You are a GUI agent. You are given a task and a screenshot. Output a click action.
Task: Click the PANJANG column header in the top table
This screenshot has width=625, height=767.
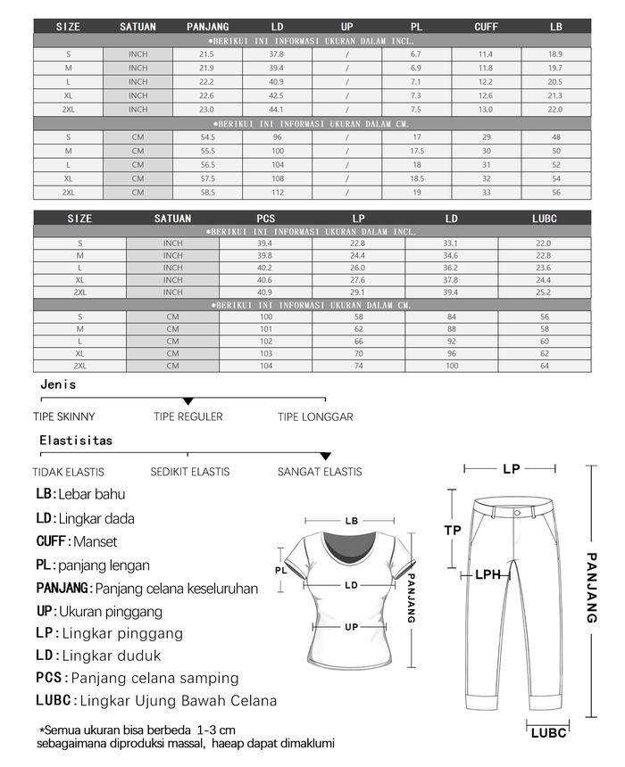tap(207, 27)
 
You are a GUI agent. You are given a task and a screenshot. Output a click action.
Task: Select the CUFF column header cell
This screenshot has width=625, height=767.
tap(486, 27)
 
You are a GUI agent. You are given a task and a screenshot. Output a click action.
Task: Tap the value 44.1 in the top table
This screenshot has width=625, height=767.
tap(277, 109)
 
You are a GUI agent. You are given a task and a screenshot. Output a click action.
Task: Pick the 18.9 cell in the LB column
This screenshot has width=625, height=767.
tap(554, 54)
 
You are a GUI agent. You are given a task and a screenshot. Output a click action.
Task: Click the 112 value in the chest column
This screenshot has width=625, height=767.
tap(277, 193)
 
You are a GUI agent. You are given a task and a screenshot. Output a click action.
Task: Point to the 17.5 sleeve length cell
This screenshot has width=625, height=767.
tap(416, 152)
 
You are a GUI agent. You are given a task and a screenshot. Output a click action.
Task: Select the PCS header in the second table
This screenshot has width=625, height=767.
tap(265, 219)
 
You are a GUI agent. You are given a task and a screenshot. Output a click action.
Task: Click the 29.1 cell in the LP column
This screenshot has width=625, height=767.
tap(358, 293)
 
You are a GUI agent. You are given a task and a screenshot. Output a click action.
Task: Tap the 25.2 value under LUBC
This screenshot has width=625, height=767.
tap(544, 293)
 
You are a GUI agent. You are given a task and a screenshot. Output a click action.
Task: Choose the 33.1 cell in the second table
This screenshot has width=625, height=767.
tap(451, 243)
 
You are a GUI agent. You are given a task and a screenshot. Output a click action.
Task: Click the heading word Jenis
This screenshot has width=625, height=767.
tap(58, 384)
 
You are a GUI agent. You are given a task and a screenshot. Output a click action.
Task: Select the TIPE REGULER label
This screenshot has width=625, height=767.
tap(188, 416)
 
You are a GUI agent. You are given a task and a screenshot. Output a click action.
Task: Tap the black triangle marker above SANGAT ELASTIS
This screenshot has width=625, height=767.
tap(326, 457)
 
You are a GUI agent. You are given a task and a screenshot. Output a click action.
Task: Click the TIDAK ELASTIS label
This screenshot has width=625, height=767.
tap(69, 472)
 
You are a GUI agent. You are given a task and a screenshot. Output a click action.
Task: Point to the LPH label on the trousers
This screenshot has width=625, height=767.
tap(487, 575)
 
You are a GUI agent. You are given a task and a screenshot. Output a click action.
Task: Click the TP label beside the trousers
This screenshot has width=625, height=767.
tap(453, 531)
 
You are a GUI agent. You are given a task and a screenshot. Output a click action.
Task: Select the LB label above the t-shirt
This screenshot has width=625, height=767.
tap(352, 521)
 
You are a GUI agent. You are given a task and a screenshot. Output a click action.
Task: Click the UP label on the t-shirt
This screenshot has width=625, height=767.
tap(352, 627)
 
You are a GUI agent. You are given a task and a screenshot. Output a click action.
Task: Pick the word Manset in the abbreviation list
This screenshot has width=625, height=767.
tap(96, 541)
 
